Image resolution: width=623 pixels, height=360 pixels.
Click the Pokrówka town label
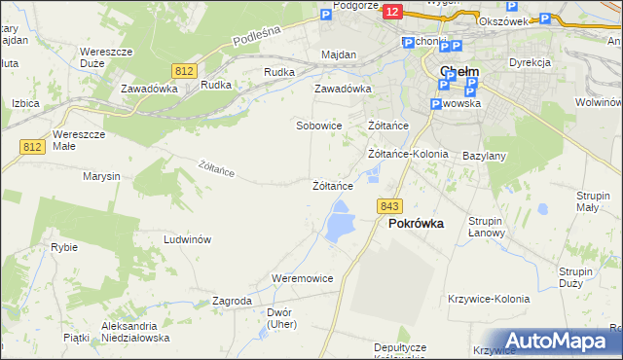(x=416, y=223)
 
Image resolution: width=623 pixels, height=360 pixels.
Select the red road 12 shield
(x=392, y=11)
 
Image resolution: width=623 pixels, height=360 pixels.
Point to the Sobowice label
(x=318, y=126)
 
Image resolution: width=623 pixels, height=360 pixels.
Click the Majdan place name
(x=338, y=55)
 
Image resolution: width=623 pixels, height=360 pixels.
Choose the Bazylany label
(x=484, y=156)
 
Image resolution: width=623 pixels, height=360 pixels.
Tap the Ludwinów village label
(x=188, y=239)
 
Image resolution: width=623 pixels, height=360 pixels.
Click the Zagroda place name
(x=232, y=301)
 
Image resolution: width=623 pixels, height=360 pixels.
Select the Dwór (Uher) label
(x=279, y=318)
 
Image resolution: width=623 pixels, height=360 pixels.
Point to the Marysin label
(x=101, y=176)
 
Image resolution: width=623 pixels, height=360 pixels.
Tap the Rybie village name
(x=64, y=247)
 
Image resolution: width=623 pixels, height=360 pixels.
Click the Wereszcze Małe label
(x=77, y=139)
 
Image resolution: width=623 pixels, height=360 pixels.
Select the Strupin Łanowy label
(x=485, y=227)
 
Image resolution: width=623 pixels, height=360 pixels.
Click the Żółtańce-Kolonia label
(x=408, y=154)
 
